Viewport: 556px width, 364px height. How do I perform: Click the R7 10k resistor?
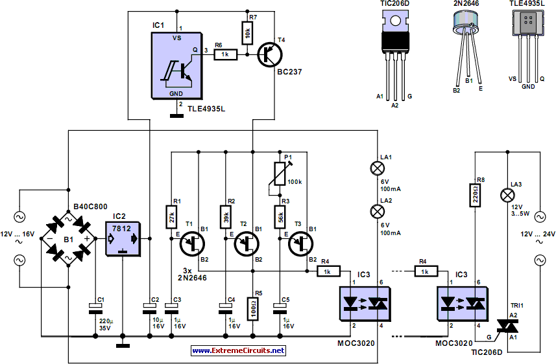(x=247, y=33)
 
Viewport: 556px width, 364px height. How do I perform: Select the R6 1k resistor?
(x=226, y=54)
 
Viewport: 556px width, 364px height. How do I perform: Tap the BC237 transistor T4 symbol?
(x=270, y=55)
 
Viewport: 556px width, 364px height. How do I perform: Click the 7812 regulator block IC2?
(x=123, y=239)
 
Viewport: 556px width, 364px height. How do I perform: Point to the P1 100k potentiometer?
(x=280, y=174)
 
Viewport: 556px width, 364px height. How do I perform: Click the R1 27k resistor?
(x=172, y=217)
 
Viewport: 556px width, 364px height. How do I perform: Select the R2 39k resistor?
(x=226, y=217)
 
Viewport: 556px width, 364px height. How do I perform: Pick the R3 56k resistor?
(x=280, y=217)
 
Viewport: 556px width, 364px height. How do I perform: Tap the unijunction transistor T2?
(x=247, y=244)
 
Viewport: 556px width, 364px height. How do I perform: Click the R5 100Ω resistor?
(x=253, y=309)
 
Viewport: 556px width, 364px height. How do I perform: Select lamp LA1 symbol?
(x=378, y=168)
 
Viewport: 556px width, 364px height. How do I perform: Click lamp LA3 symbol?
(x=507, y=196)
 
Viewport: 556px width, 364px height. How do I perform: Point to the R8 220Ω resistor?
(x=475, y=195)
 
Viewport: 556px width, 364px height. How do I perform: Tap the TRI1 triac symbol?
(x=507, y=326)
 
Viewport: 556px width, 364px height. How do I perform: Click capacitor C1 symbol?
(x=95, y=308)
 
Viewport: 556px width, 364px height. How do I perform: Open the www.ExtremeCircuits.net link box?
(x=238, y=350)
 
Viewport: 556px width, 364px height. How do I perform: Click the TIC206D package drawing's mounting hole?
(x=395, y=21)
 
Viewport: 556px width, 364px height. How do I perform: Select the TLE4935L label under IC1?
(x=206, y=109)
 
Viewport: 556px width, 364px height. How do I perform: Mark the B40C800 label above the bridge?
(x=90, y=207)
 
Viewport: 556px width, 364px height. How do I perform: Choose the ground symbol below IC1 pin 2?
(x=176, y=115)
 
